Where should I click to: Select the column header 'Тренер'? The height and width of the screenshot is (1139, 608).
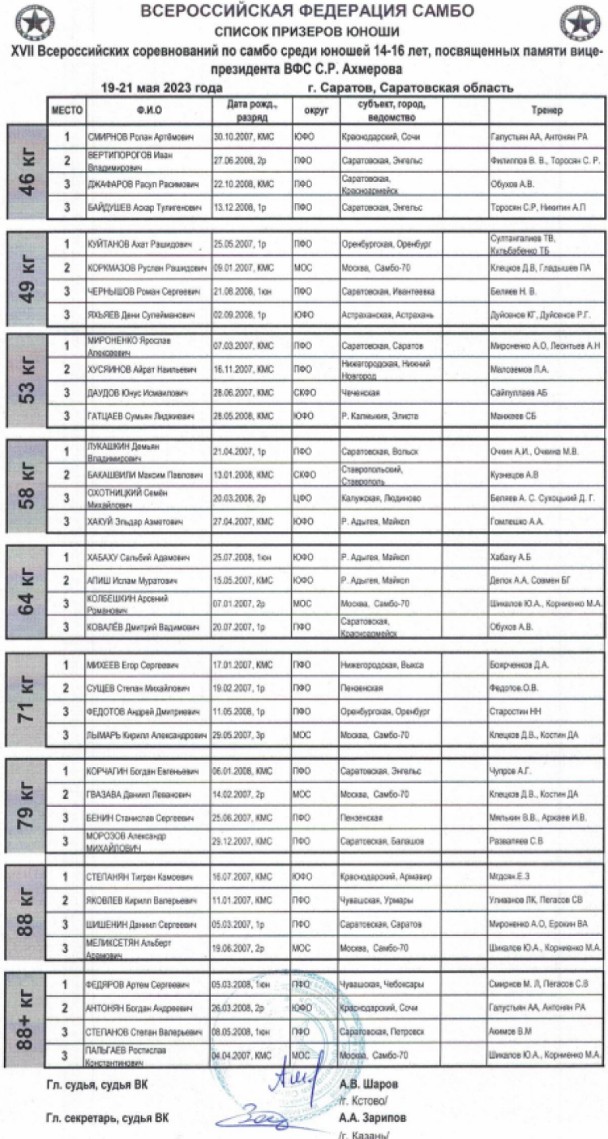(x=546, y=110)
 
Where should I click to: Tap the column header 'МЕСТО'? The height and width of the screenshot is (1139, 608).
(x=67, y=110)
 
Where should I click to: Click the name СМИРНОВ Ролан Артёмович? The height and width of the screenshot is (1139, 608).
(x=140, y=137)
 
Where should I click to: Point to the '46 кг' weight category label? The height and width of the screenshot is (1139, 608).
(x=28, y=172)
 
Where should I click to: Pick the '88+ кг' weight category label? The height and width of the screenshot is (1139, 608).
(x=28, y=1020)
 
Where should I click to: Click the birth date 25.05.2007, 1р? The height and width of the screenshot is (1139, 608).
(x=240, y=244)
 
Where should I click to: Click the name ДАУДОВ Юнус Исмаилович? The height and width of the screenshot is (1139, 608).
(x=138, y=392)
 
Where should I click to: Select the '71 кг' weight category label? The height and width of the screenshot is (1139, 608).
(x=28, y=700)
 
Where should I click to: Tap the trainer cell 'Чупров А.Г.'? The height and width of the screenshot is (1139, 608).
(x=510, y=771)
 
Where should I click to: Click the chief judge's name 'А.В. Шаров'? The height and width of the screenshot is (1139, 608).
(x=364, y=1085)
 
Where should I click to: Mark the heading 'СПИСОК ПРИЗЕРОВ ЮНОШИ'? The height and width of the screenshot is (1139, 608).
(x=307, y=31)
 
